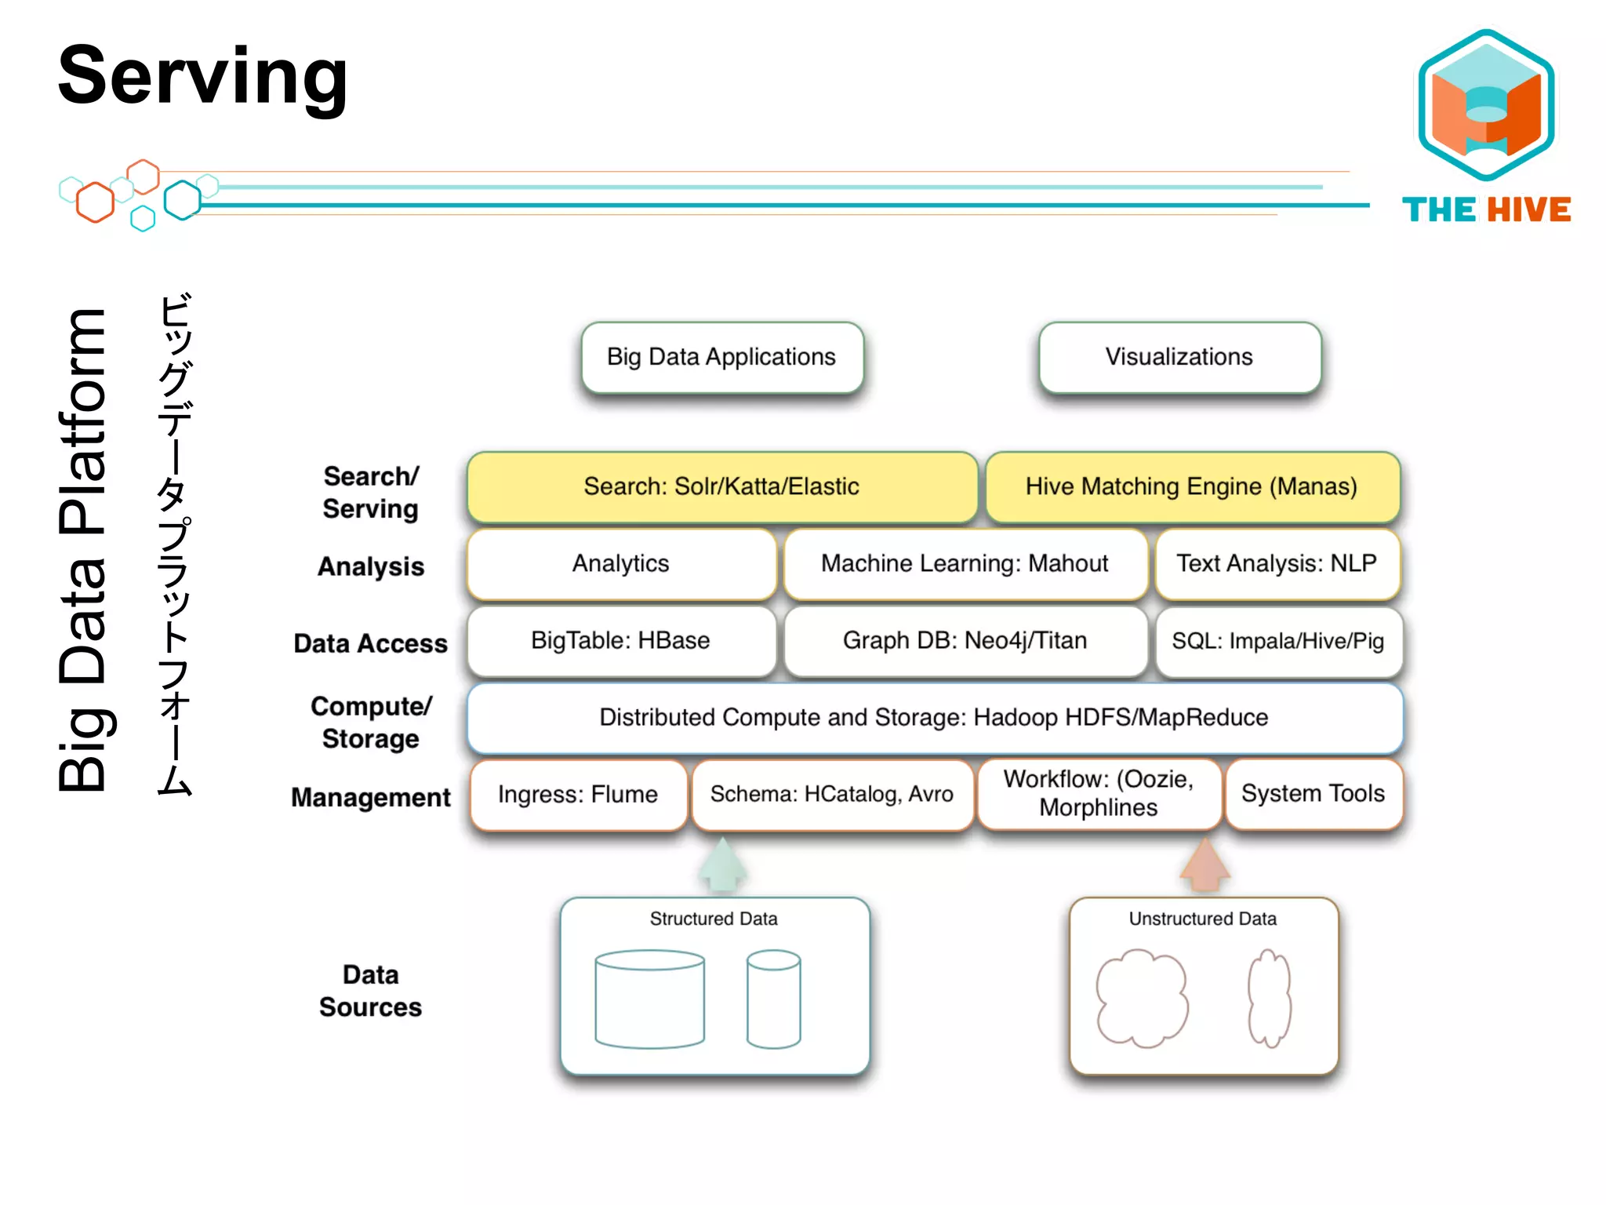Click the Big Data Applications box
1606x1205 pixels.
[x=721, y=358]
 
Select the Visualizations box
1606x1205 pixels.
[x=1179, y=358]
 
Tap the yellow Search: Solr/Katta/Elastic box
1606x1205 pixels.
[x=721, y=487]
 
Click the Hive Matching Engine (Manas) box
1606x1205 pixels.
[x=1192, y=487]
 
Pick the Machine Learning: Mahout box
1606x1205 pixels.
[x=965, y=564]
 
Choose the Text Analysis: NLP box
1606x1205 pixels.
[x=1277, y=564]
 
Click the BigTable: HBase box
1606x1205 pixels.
[x=620, y=641]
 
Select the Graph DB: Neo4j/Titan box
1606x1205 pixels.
[x=965, y=641]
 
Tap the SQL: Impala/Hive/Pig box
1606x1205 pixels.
[x=1278, y=641]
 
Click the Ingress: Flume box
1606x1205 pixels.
[x=578, y=795]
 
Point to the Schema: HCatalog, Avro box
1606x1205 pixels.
[x=831, y=795]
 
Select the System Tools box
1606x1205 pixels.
[x=1313, y=794]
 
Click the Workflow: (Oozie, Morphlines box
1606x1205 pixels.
[x=1099, y=794]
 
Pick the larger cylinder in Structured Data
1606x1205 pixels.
[x=649, y=1000]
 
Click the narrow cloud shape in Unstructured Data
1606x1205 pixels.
[x=1269, y=998]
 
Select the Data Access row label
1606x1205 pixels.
[x=370, y=644]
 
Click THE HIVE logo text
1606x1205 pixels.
[x=1486, y=210]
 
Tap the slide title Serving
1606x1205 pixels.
[x=202, y=77]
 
